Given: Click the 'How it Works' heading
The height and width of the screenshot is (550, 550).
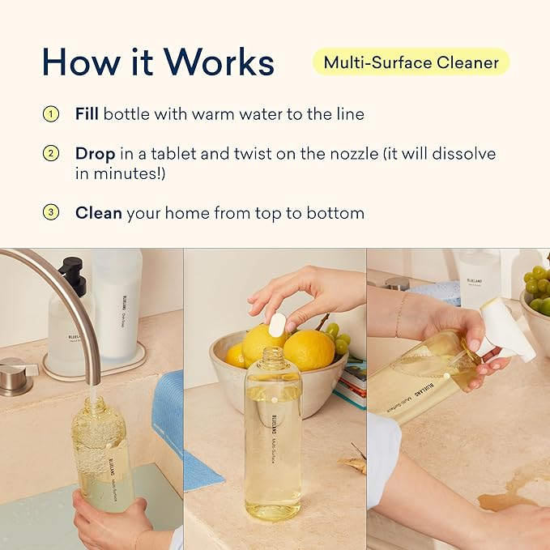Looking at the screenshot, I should [158, 62].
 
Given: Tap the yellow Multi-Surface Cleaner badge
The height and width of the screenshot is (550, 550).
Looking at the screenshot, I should [411, 62].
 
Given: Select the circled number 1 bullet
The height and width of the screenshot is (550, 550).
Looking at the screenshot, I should [51, 114].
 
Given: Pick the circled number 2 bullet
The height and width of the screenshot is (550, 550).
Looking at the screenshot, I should [51, 153].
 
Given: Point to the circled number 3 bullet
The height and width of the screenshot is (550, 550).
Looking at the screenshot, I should [51, 213].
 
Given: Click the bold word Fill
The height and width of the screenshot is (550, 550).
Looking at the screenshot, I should [87, 114].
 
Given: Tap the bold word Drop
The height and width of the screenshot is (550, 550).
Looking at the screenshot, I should [95, 153].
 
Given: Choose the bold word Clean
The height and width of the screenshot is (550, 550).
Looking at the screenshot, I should [98, 213].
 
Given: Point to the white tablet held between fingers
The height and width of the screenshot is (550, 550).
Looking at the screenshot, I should [277, 325].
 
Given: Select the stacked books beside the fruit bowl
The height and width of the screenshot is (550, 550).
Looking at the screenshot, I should [350, 389].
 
